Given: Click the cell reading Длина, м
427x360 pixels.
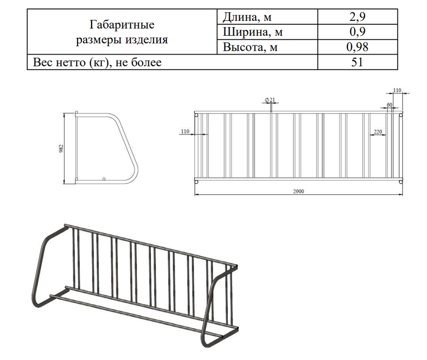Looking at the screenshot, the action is pyautogui.click(x=247, y=17).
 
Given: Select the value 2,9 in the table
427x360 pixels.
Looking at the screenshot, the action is pyautogui.click(x=358, y=17).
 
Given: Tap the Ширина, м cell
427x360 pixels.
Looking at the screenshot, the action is pyautogui.click(x=253, y=32).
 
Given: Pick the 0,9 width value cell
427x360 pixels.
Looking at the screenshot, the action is pyautogui.click(x=358, y=32).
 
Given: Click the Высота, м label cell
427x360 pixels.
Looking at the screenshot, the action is pyautogui.click(x=250, y=47).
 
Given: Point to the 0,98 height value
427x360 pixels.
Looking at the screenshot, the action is pyautogui.click(x=358, y=47).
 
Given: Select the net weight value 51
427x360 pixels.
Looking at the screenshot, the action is pyautogui.click(x=358, y=62).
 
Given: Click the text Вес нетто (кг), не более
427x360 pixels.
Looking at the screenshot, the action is pyautogui.click(x=97, y=62).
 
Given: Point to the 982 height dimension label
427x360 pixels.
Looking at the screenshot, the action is pyautogui.click(x=61, y=148).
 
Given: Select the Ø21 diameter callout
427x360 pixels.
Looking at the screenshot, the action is pyautogui.click(x=270, y=99).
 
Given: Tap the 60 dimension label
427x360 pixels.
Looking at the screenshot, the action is pyautogui.click(x=389, y=105).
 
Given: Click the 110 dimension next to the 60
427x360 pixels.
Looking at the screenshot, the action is pyautogui.click(x=397, y=90).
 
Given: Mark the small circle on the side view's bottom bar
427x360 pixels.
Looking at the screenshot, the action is pyautogui.click(x=104, y=178).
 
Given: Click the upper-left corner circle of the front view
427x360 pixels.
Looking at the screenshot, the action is pyautogui.click(x=196, y=115).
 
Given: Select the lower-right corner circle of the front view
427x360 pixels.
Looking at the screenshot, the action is pyautogui.click(x=401, y=182).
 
